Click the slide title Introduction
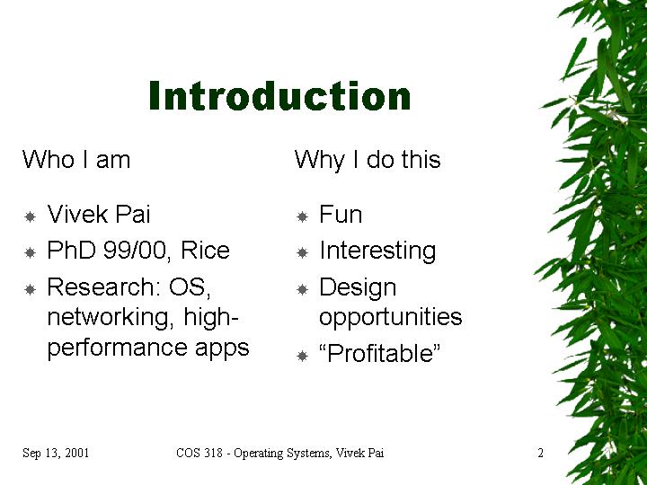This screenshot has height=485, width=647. point(279,96)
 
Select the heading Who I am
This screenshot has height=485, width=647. point(76,159)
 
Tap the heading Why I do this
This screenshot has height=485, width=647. point(368,160)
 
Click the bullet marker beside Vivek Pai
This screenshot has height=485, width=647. point(31,216)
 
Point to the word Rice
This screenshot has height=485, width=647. point(205,250)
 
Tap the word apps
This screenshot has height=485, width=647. point(222,348)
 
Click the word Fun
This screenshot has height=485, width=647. point(341,215)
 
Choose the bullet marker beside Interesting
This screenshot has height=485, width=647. point(303,252)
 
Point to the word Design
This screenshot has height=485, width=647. point(358,288)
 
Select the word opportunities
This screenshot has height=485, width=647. point(390,318)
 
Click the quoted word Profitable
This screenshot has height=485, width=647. point(380,353)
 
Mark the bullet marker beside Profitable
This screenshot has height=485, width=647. point(303,356)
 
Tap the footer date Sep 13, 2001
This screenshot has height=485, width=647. point(56,453)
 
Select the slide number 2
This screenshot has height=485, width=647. point(541,453)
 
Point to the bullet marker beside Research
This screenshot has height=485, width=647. point(31,289)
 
